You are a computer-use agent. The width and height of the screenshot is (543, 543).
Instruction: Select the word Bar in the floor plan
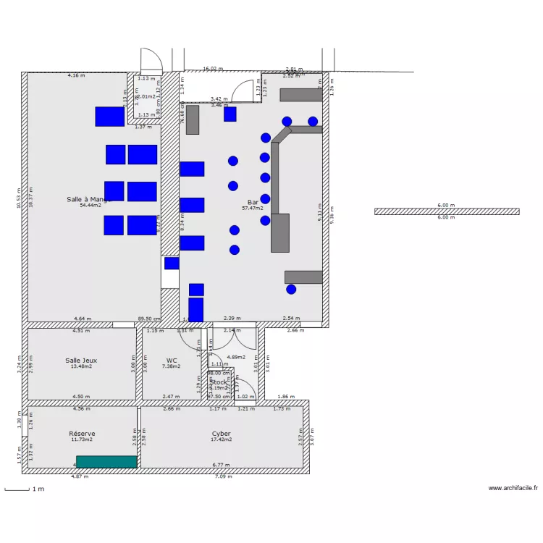point(253,202)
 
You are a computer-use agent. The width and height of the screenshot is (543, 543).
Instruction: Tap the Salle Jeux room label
point(81,360)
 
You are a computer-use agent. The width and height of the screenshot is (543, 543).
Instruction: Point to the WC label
point(172,360)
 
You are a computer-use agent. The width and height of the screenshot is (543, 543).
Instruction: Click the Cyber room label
point(221,433)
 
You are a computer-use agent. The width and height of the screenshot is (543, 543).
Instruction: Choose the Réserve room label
point(82,433)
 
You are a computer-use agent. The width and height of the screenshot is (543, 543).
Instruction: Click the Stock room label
point(218,382)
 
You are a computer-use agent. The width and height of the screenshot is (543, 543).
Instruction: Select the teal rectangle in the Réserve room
point(106,461)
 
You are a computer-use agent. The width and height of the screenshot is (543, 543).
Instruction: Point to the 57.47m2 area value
point(253,209)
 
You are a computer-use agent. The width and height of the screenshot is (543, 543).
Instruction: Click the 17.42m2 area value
point(221,439)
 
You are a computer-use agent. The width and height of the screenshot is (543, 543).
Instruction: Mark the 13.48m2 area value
point(81,366)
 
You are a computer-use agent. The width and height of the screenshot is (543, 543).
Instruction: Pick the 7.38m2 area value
point(172,366)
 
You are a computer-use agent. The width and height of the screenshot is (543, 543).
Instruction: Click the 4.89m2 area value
point(236,357)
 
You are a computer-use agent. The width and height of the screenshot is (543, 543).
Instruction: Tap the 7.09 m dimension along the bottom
point(224,476)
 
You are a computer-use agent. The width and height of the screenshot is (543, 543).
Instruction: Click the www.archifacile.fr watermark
point(513,489)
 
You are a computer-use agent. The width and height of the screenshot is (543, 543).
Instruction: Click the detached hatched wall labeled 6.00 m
point(447,211)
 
